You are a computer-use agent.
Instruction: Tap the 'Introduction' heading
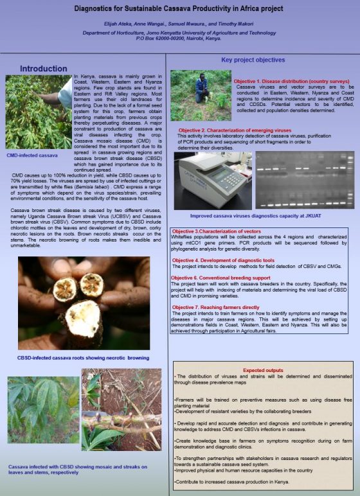[x=43, y=68]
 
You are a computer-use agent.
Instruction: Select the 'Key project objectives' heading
[x=253, y=60]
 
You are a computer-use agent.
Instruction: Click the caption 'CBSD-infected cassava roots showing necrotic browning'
[x=84, y=357]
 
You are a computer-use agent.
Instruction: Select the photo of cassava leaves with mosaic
[x=43, y=410]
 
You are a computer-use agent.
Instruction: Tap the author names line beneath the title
[x=179, y=25]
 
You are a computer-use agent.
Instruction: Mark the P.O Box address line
[x=179, y=38]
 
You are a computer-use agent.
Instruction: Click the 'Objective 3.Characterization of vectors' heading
[x=217, y=230]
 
